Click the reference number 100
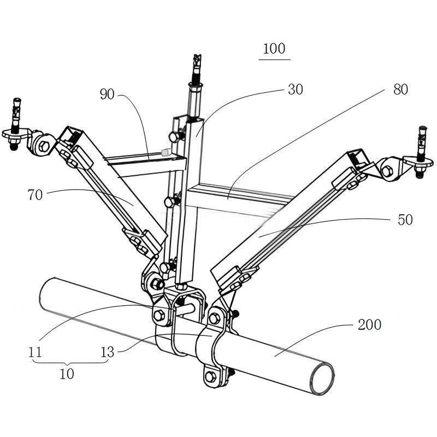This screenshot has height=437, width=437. [x=274, y=49]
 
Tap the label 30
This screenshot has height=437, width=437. [x=296, y=90]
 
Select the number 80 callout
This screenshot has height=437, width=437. [x=400, y=90]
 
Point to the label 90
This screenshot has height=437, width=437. [x=107, y=94]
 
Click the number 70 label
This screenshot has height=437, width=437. [x=35, y=195]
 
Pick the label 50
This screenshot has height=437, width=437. [x=405, y=220]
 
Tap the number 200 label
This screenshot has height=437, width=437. [x=369, y=324]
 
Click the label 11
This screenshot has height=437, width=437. [x=35, y=352]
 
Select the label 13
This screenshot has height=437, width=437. [x=107, y=352]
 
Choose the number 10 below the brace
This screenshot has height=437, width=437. [x=67, y=374]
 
